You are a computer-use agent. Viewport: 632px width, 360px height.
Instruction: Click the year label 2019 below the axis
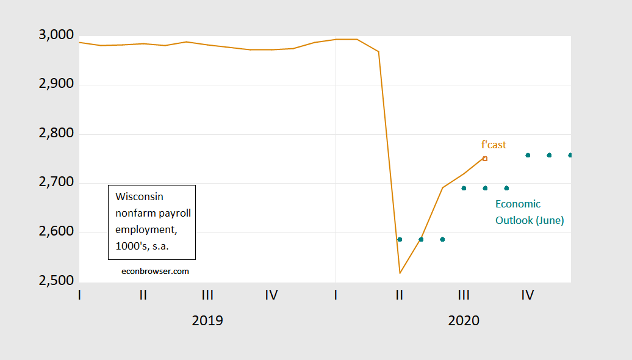(x=207, y=320)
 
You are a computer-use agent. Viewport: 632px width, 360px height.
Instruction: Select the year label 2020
(x=464, y=320)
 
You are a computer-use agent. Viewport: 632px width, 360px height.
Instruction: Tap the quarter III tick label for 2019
(x=207, y=295)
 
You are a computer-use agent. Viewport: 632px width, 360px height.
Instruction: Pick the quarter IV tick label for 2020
(x=528, y=295)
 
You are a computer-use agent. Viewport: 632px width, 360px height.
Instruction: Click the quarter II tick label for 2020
(x=400, y=295)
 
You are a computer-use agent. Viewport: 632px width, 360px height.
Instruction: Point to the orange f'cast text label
(x=494, y=145)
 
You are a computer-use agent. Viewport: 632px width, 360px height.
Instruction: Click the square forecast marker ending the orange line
(x=485, y=159)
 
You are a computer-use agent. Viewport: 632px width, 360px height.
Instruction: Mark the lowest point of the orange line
(x=400, y=273)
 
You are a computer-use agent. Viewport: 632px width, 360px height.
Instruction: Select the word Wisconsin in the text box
(x=140, y=196)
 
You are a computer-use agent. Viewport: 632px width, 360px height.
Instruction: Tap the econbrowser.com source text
(x=156, y=271)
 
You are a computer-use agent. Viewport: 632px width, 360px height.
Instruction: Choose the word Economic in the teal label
(x=518, y=204)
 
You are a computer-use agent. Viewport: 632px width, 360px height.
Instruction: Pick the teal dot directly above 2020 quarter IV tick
(x=528, y=155)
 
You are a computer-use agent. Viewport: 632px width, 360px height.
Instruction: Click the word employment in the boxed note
(x=142, y=228)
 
